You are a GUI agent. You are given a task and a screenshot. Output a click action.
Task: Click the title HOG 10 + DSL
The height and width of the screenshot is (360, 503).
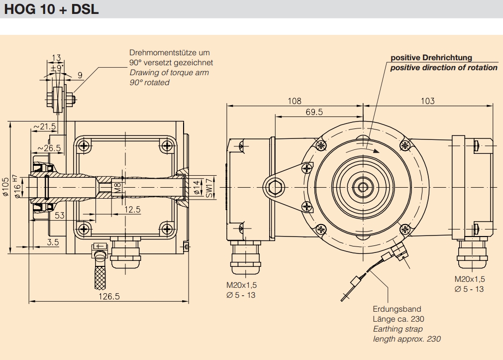[x=52, y=9]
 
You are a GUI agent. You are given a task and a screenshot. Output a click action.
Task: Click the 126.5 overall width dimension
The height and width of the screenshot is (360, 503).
[x=109, y=296]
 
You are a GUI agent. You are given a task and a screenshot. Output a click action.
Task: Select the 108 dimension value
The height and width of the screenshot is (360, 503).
[x=295, y=101]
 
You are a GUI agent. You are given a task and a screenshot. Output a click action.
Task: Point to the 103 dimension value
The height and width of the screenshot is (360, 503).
[x=427, y=101]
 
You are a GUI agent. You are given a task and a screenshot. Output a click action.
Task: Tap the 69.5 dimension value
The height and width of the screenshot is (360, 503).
[x=314, y=112]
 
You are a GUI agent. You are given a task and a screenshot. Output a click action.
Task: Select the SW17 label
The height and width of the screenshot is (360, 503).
[x=209, y=189]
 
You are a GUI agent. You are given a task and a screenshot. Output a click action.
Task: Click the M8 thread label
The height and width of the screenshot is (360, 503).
[x=117, y=187]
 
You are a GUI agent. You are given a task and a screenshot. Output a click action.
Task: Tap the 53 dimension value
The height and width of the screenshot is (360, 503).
[x=60, y=215]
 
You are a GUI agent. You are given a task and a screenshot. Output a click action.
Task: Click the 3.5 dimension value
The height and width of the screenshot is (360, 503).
[x=53, y=242]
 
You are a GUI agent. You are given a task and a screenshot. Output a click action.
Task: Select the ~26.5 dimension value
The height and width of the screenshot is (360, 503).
[x=49, y=148]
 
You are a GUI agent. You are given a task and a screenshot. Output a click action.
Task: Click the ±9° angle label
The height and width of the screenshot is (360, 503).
[x=57, y=67]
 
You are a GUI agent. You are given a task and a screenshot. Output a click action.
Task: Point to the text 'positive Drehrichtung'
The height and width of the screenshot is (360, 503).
[x=431, y=58]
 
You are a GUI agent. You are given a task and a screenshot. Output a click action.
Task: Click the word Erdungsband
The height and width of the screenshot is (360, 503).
[x=397, y=309]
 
